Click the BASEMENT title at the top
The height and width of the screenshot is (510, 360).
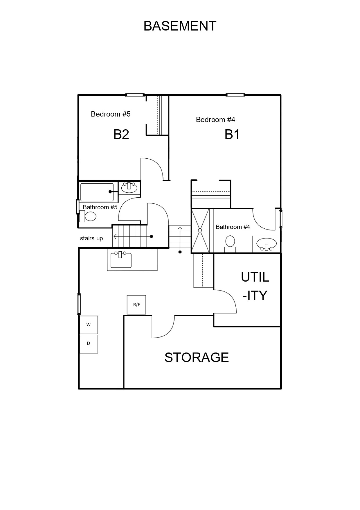click(180, 26)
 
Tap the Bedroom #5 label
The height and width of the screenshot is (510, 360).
click(111, 114)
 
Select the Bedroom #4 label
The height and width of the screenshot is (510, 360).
click(215, 119)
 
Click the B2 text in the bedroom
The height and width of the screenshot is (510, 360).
click(121, 134)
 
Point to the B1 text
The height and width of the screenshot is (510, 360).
click(232, 135)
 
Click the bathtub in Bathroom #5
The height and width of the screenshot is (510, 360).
click(97, 192)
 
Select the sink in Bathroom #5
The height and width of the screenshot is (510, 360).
click(129, 188)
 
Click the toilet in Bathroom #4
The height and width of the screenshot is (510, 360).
click(230, 244)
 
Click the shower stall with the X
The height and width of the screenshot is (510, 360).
click(200, 230)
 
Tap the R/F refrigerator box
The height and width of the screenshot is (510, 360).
click(136, 305)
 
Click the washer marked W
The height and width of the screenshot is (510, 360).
click(89, 325)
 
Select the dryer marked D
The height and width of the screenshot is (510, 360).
click(89, 344)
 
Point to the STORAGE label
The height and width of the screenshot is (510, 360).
click(197, 357)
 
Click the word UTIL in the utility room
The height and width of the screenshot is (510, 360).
click(255, 277)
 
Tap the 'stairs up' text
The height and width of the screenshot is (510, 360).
click(91, 239)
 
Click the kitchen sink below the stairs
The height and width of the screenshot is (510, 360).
click(121, 260)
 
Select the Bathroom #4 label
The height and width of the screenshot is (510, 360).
click(233, 227)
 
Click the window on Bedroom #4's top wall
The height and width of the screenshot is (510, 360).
click(235, 95)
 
